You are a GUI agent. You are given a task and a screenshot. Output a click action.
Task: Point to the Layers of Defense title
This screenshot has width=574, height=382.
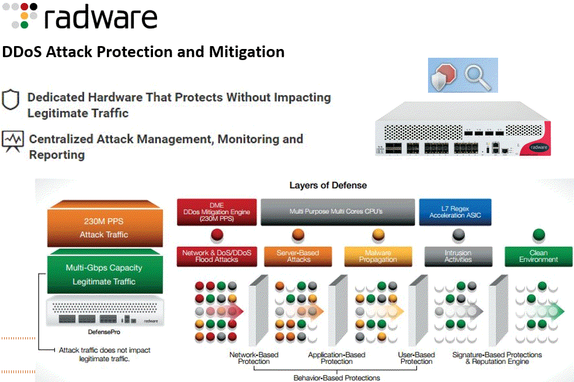[328, 185]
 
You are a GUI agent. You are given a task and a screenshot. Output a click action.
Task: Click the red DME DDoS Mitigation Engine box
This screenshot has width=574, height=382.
[217, 212]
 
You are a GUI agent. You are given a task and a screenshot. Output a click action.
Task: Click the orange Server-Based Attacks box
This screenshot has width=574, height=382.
[298, 256]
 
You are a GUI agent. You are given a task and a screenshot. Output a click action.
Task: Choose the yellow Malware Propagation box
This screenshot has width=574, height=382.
[378, 256]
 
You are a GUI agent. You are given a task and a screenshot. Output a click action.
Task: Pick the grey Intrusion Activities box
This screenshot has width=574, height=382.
[458, 256]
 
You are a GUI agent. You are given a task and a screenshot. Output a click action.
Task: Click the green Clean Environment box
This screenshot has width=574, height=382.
[538, 256]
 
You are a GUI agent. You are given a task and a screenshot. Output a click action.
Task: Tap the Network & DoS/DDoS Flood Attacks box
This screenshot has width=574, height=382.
[217, 256]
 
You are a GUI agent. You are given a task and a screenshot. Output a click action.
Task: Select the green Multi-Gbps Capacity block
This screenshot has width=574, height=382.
[104, 275]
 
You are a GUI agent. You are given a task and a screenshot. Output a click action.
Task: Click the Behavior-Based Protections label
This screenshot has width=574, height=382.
[336, 377]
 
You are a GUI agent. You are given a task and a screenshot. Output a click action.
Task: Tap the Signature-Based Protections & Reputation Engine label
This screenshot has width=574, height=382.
[497, 358]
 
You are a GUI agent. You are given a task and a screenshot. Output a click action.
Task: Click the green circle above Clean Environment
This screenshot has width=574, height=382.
[538, 234]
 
